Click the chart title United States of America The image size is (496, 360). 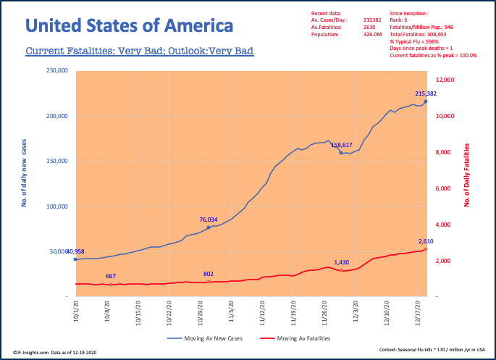point(130,27)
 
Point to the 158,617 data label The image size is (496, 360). point(346,145)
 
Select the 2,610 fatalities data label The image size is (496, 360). point(426,241)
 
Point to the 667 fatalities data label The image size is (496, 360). point(111,276)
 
